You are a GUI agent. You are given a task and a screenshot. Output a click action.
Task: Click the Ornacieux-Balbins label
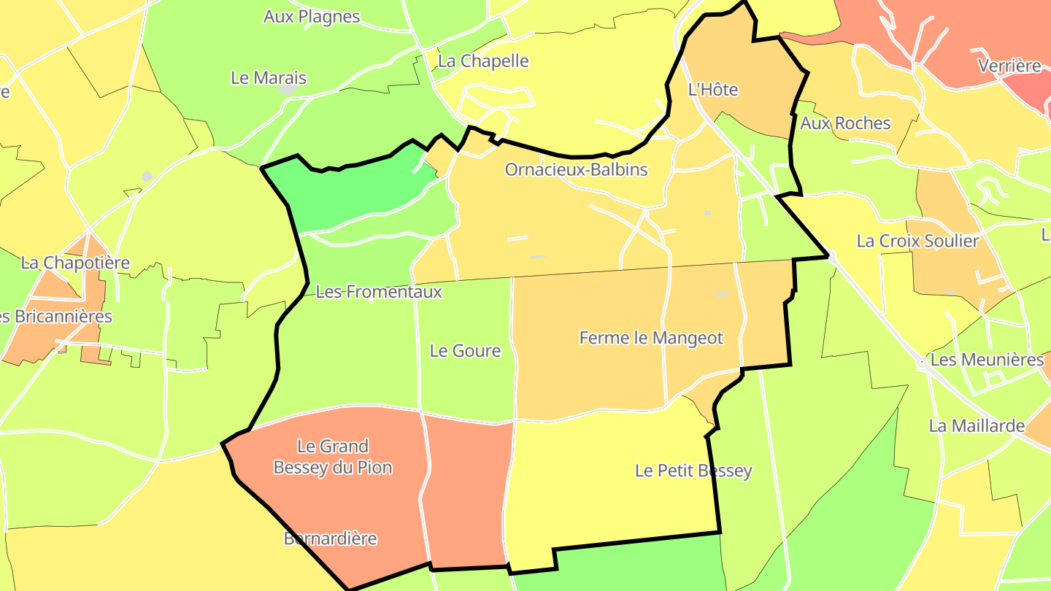[576, 170]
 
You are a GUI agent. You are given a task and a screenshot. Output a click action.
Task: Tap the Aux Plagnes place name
[312, 17]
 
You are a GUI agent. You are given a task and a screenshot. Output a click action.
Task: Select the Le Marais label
[268, 78]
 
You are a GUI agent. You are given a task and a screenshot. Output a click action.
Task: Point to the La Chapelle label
[482, 61]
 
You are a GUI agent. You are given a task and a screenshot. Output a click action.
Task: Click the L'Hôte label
[713, 90]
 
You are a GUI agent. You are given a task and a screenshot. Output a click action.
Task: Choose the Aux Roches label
[845, 123]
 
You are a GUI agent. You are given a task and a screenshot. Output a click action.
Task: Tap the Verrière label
[1009, 66]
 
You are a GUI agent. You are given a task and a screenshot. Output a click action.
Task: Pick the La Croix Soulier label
[917, 241]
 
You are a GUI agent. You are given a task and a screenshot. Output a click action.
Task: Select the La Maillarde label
[977, 426]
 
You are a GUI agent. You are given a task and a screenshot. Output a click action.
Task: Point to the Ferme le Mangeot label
[651, 339]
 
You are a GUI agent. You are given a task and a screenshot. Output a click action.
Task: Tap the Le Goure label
[465, 351]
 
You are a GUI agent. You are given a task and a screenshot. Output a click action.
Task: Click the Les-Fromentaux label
[379, 292]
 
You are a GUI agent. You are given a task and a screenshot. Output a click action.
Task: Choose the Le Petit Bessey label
[693, 471]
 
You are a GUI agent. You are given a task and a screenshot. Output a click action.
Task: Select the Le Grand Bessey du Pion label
[333, 457]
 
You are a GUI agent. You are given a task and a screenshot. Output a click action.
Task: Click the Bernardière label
[330, 539]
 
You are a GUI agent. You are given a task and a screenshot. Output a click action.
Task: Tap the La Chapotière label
[75, 263]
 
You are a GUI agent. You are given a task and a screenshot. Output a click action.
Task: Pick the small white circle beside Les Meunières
[923, 361]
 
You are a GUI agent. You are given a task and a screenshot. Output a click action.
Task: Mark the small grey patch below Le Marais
[288, 90]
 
